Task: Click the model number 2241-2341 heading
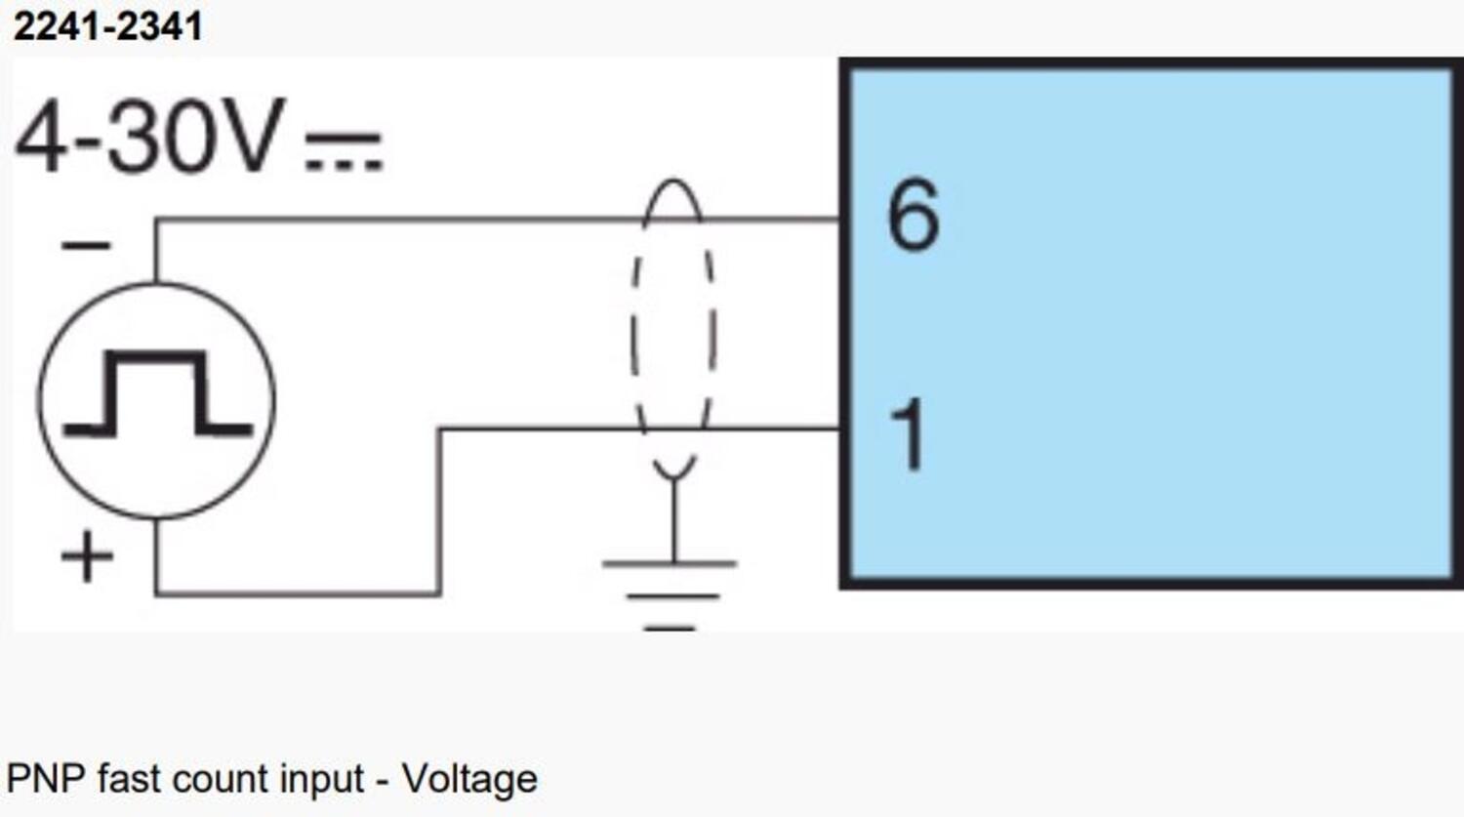tap(107, 26)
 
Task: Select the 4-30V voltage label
tap(149, 137)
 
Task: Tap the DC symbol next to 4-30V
tap(344, 152)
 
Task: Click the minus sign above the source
tap(86, 245)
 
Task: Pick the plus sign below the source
tap(87, 557)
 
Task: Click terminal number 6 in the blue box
tap(913, 216)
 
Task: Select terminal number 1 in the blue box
tap(908, 435)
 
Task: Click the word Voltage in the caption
tap(469, 779)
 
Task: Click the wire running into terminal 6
tap(488, 220)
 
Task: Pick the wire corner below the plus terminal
tap(156, 592)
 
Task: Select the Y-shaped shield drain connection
tap(673, 469)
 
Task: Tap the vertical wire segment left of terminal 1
tap(439, 508)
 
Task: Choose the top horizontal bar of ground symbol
tap(670, 563)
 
